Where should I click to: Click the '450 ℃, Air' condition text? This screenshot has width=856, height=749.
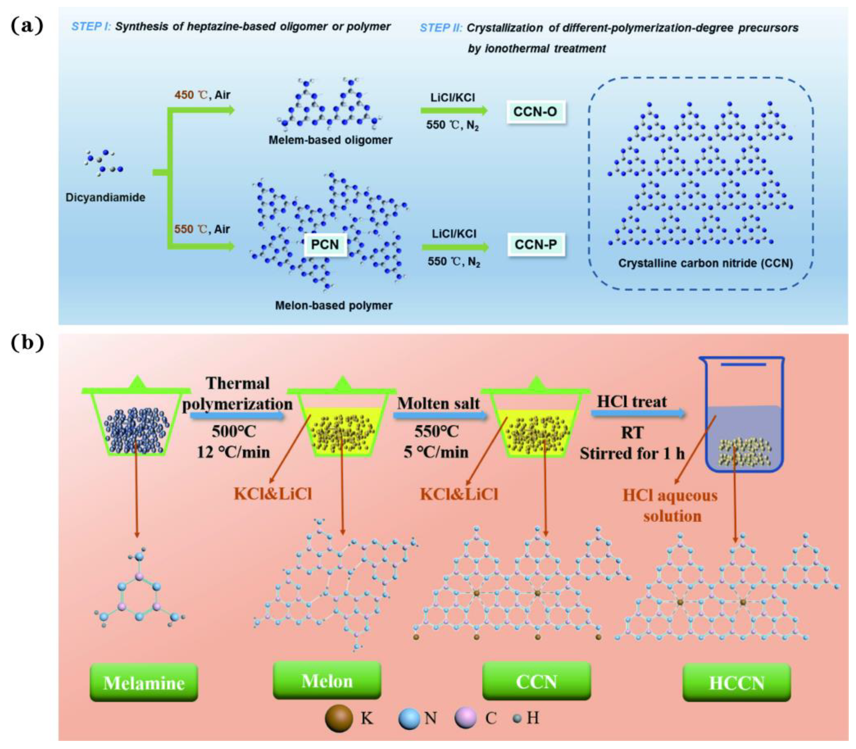(202, 95)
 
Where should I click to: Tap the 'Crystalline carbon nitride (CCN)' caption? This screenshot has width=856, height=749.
(705, 263)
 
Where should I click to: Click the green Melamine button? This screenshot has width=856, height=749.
(144, 683)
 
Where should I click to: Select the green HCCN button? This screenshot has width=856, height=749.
(736, 683)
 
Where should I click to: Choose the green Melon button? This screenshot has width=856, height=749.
(327, 680)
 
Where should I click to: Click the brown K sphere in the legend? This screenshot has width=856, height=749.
(338, 718)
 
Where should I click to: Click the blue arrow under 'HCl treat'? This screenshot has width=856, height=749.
(638, 413)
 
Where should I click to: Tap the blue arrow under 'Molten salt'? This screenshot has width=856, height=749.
(440, 415)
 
